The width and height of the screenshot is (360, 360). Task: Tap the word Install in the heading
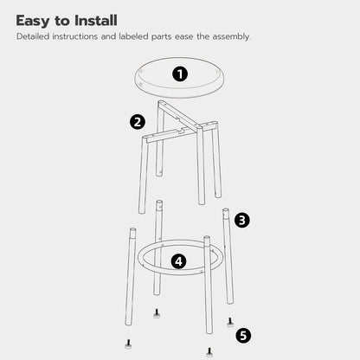pyautogui.click(x=110, y=20)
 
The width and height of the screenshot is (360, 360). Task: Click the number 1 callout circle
pyautogui.click(x=180, y=74)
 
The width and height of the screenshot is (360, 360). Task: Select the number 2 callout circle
pyautogui.click(x=137, y=122)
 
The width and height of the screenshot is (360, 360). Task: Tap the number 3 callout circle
pyautogui.click(x=242, y=221)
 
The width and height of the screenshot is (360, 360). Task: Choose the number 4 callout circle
pyautogui.click(x=179, y=260)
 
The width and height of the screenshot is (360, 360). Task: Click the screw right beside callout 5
pyautogui.click(x=229, y=323)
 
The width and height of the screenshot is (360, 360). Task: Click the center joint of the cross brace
pyautogui.click(x=183, y=131)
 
